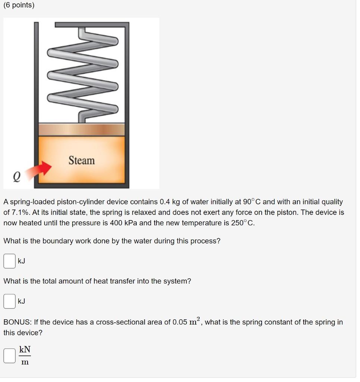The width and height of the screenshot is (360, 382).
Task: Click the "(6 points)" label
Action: pos(19,6)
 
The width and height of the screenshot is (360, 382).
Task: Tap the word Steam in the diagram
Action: pos(82,160)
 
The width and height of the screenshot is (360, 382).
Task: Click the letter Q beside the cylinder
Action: pos(17,175)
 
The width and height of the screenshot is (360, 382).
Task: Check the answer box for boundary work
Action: pos(9,261)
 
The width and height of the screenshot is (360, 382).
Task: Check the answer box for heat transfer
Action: pos(9,301)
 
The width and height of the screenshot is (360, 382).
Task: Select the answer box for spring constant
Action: pos(9,356)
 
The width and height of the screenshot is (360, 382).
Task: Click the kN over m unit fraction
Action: pos(25,356)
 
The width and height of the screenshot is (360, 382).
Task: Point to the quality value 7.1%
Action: pos(22,212)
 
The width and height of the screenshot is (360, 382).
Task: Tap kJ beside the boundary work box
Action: pos(22,261)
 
